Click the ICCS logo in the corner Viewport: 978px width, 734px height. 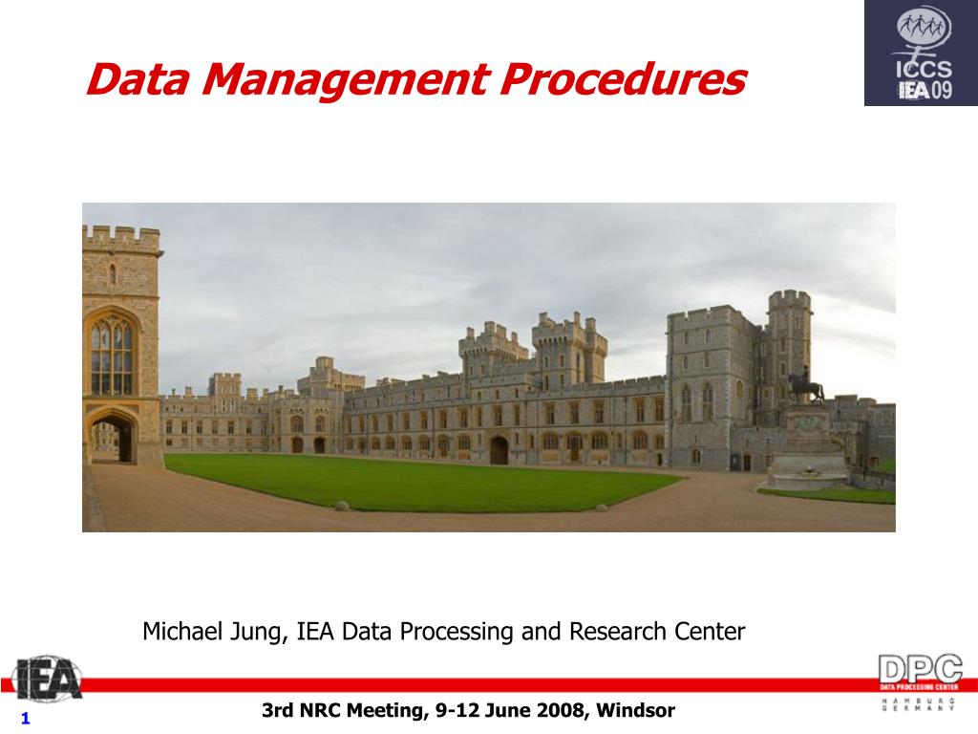coord(921,53)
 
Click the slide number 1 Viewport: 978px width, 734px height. coord(26,719)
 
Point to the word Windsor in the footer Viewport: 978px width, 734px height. coord(639,710)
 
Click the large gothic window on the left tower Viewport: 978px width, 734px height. coord(112,356)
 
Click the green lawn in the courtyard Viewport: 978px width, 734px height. coord(401,481)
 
